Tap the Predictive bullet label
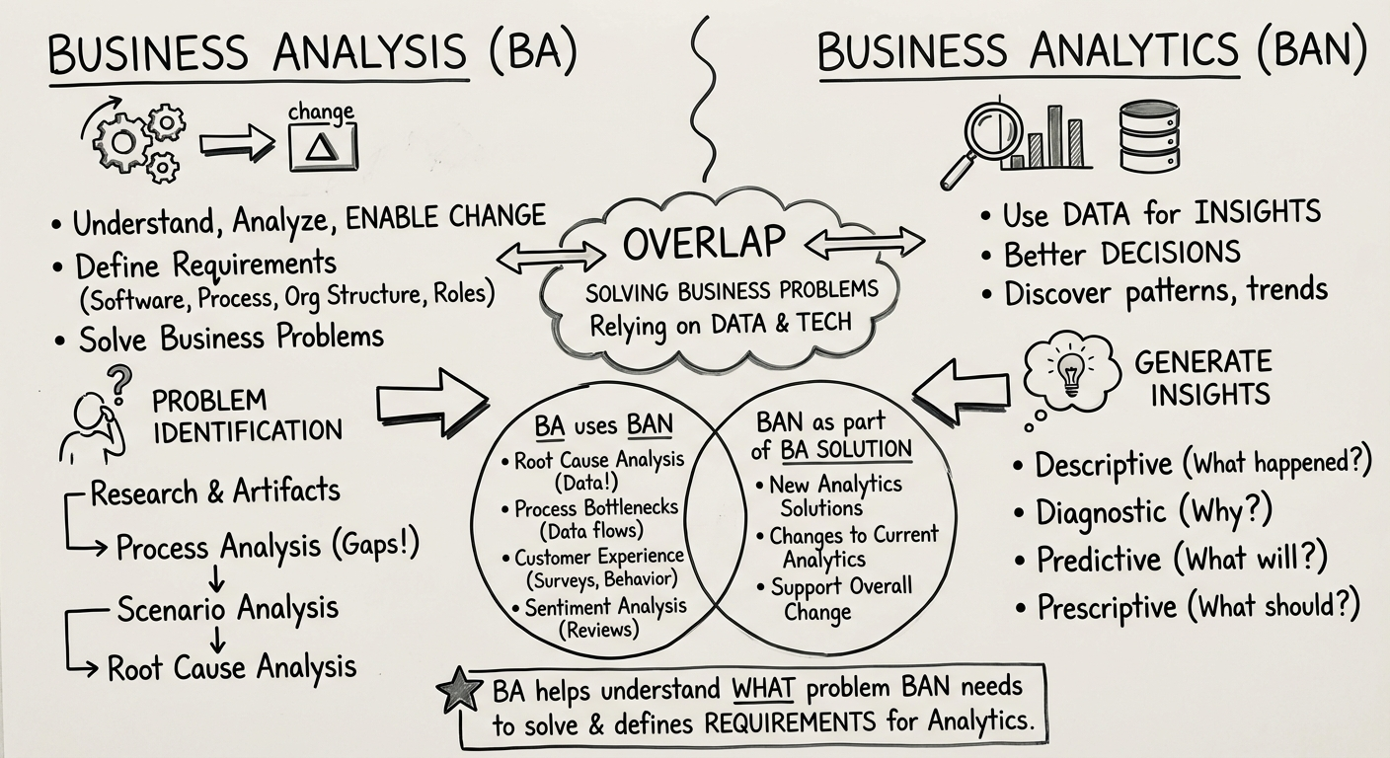point(1098,559)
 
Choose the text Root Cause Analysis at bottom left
point(231,667)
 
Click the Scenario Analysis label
point(227,608)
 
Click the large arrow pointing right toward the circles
point(432,401)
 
